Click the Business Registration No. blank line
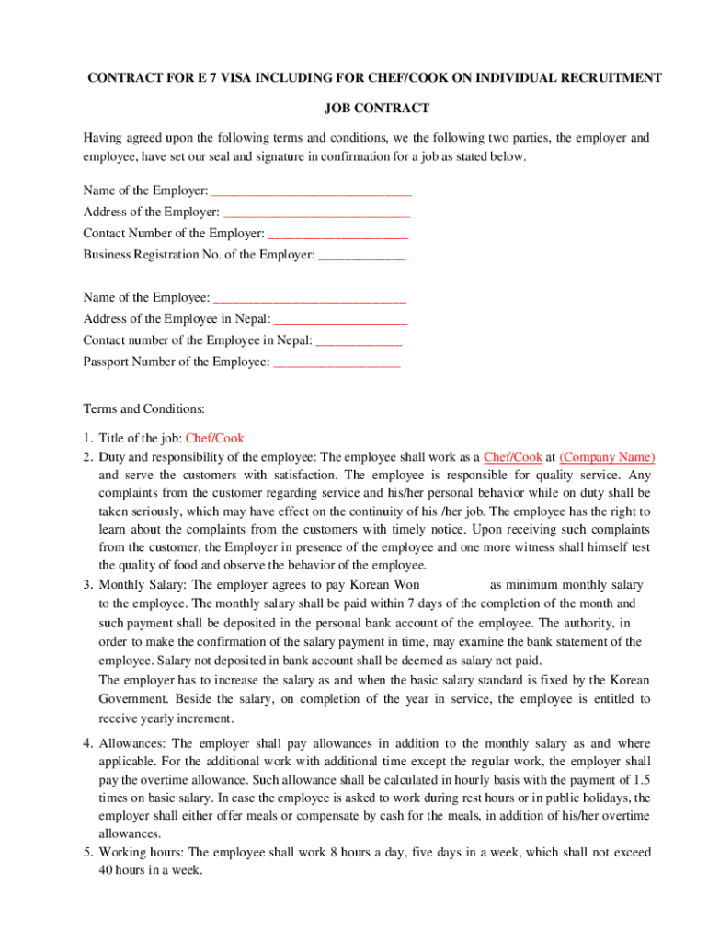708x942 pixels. pyautogui.click(x=360, y=255)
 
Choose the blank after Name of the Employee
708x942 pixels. pyautogui.click(x=309, y=298)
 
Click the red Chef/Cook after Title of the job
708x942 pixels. pyautogui.click(x=214, y=439)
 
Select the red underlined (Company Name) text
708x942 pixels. pyautogui.click(x=607, y=457)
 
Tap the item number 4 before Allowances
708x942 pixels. pyautogui.click(x=87, y=743)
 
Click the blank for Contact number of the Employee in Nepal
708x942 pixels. pyautogui.click(x=358, y=340)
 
